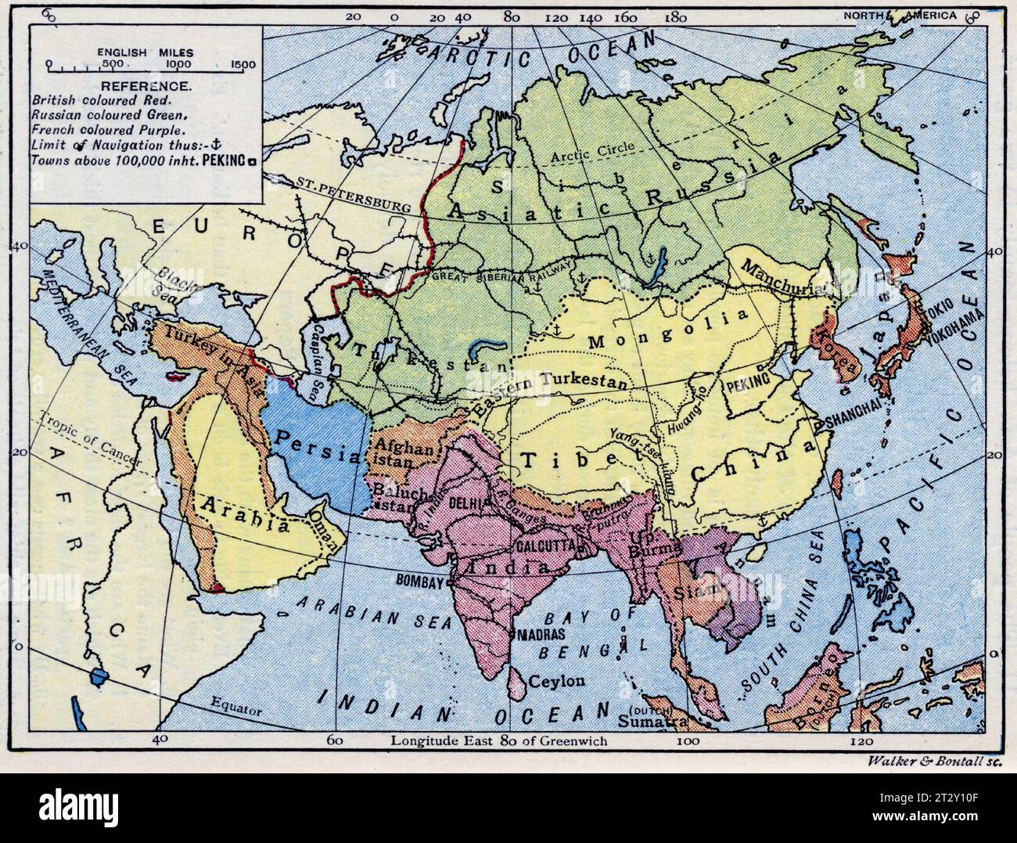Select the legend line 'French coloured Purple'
click(x=108, y=130)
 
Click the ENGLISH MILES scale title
click(x=146, y=52)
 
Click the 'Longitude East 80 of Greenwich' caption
click(x=499, y=740)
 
